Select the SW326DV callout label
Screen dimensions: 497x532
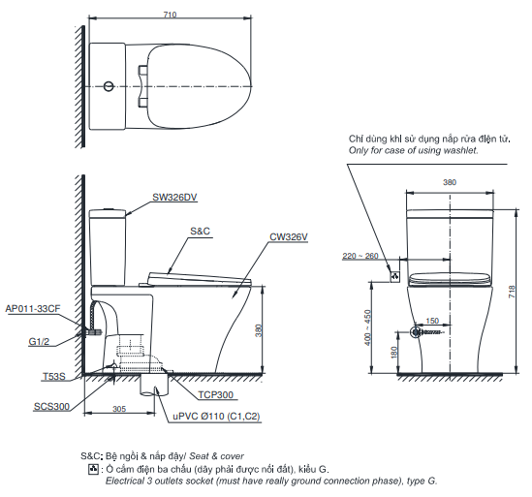[x=174, y=197]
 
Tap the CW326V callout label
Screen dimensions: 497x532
[x=289, y=236]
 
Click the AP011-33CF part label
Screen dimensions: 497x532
[x=33, y=307]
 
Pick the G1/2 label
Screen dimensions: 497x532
[x=40, y=341]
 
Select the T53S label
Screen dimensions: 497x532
[x=54, y=376]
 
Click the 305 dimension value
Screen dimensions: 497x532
[x=118, y=410]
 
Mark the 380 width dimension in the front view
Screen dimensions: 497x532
[x=449, y=181]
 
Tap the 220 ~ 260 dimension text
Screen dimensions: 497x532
[x=360, y=256]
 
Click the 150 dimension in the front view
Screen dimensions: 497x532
[x=431, y=321]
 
